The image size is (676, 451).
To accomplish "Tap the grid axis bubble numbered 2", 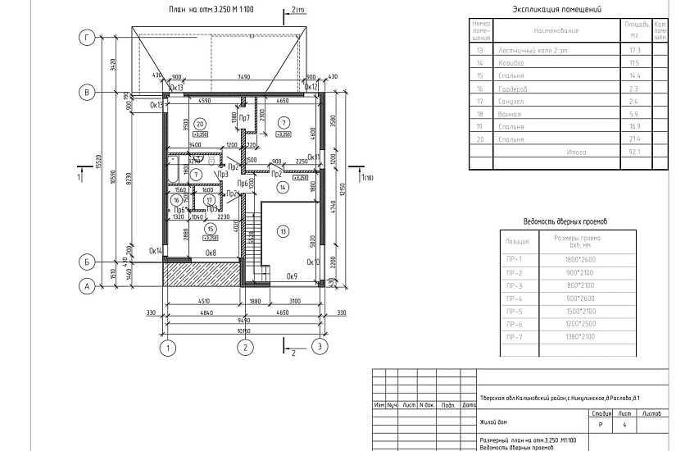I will pos(243,348).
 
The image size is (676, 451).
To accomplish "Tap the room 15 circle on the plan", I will pos(211,229).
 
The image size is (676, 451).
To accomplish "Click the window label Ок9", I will pos(291,276).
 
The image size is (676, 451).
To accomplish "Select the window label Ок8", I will pos(211,253).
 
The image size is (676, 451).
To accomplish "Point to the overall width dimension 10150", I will pos(243,330).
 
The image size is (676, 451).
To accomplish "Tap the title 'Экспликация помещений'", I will pos(556,10).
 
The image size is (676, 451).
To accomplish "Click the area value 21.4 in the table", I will pos(633,139).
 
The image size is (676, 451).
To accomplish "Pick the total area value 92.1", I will pos(633,153).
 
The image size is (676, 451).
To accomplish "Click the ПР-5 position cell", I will pos(516,311).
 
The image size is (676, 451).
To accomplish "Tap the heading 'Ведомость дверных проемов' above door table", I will pos(565,221).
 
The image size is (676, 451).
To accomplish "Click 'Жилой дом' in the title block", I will pos(495,425).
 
